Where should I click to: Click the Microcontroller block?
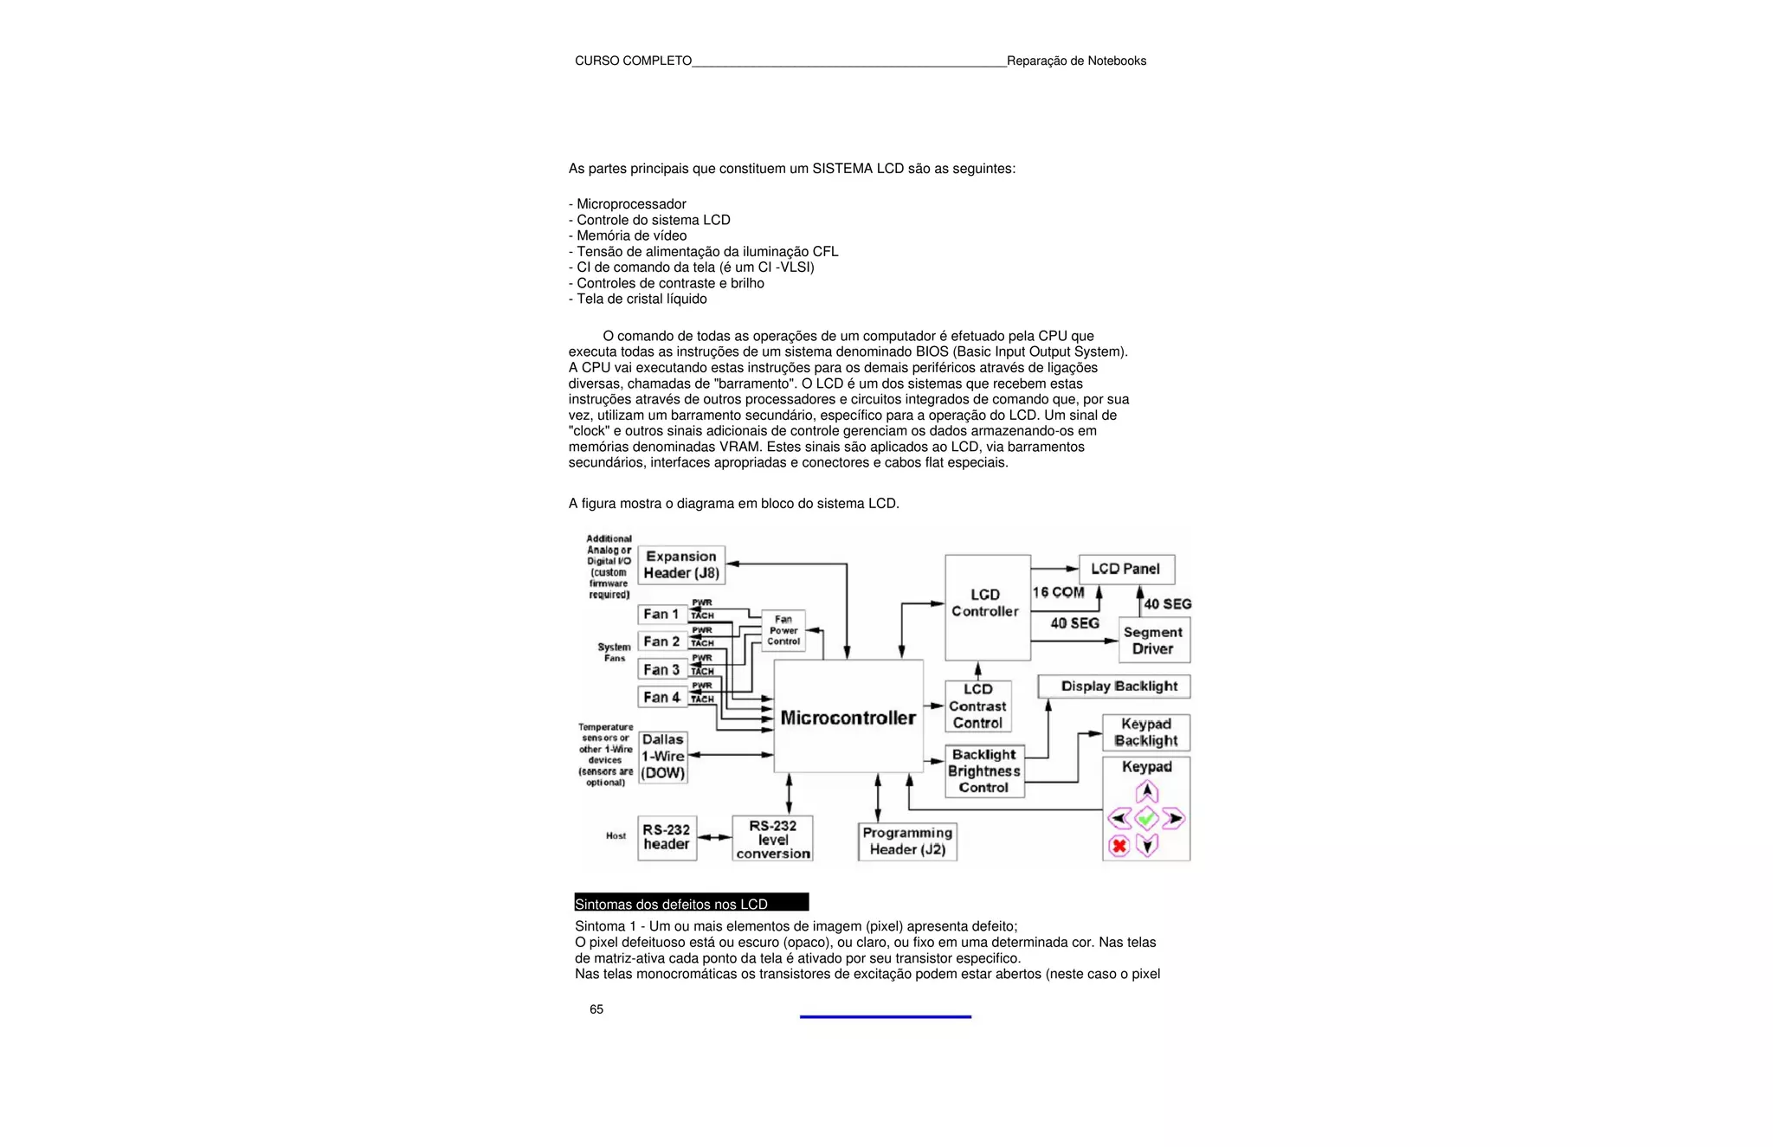[848, 717]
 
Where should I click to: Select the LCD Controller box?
[987, 607]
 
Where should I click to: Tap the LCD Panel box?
[1125, 569]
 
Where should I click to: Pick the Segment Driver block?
[1153, 641]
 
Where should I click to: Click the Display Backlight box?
[1114, 686]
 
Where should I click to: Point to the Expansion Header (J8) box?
[681, 564]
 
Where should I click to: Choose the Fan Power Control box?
[783, 630]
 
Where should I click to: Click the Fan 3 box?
[662, 669]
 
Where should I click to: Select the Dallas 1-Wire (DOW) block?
[663, 757]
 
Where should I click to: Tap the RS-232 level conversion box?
[772, 839]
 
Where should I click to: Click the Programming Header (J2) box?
[907, 841]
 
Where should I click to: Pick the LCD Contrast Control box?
[978, 706]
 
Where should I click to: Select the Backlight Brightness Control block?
[984, 770]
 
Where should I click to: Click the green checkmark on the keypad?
[1146, 818]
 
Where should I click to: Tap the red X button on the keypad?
[1119, 846]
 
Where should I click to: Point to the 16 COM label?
[1058, 592]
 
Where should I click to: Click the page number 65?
[596, 1009]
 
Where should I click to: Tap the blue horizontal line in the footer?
[885, 1016]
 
